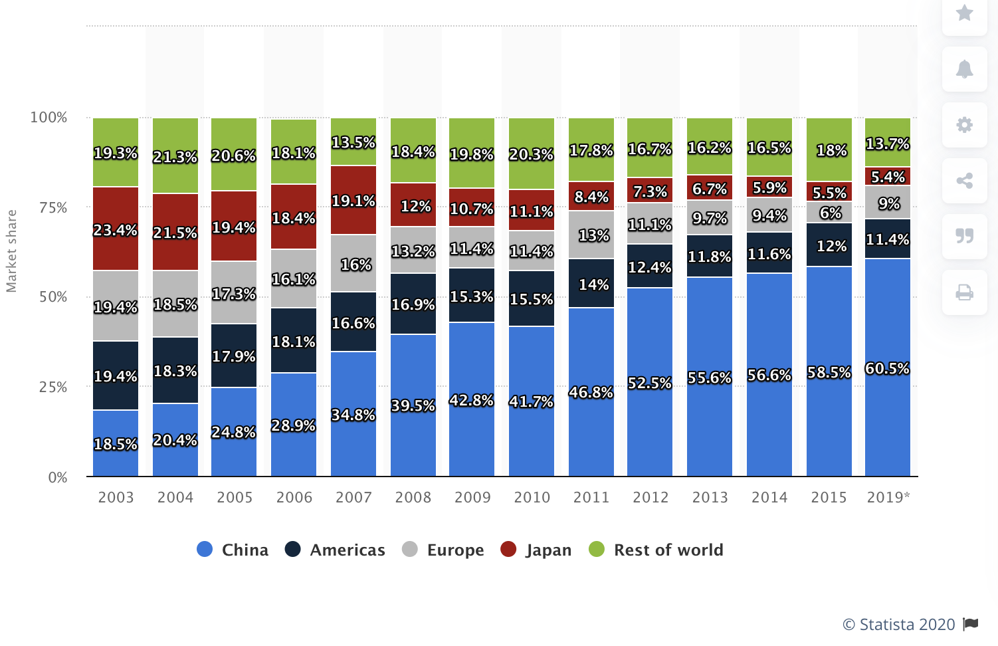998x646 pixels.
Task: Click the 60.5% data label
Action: (x=887, y=368)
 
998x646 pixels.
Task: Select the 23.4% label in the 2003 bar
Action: (x=116, y=230)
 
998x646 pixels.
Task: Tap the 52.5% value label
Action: (x=650, y=383)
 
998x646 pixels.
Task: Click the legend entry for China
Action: (x=233, y=550)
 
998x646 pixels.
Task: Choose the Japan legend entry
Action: (x=536, y=550)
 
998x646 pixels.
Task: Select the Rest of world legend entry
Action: (x=656, y=550)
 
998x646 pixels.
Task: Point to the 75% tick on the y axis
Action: (x=53, y=207)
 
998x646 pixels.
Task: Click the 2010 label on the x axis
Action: (x=532, y=497)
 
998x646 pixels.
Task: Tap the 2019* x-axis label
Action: (x=888, y=497)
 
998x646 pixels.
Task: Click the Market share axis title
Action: (x=11, y=251)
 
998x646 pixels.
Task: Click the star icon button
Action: (x=964, y=13)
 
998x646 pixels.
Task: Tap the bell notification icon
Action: (x=964, y=68)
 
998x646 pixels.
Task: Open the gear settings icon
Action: (x=964, y=124)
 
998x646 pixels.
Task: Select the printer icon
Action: (x=964, y=292)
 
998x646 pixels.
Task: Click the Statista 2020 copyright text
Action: (x=898, y=624)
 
